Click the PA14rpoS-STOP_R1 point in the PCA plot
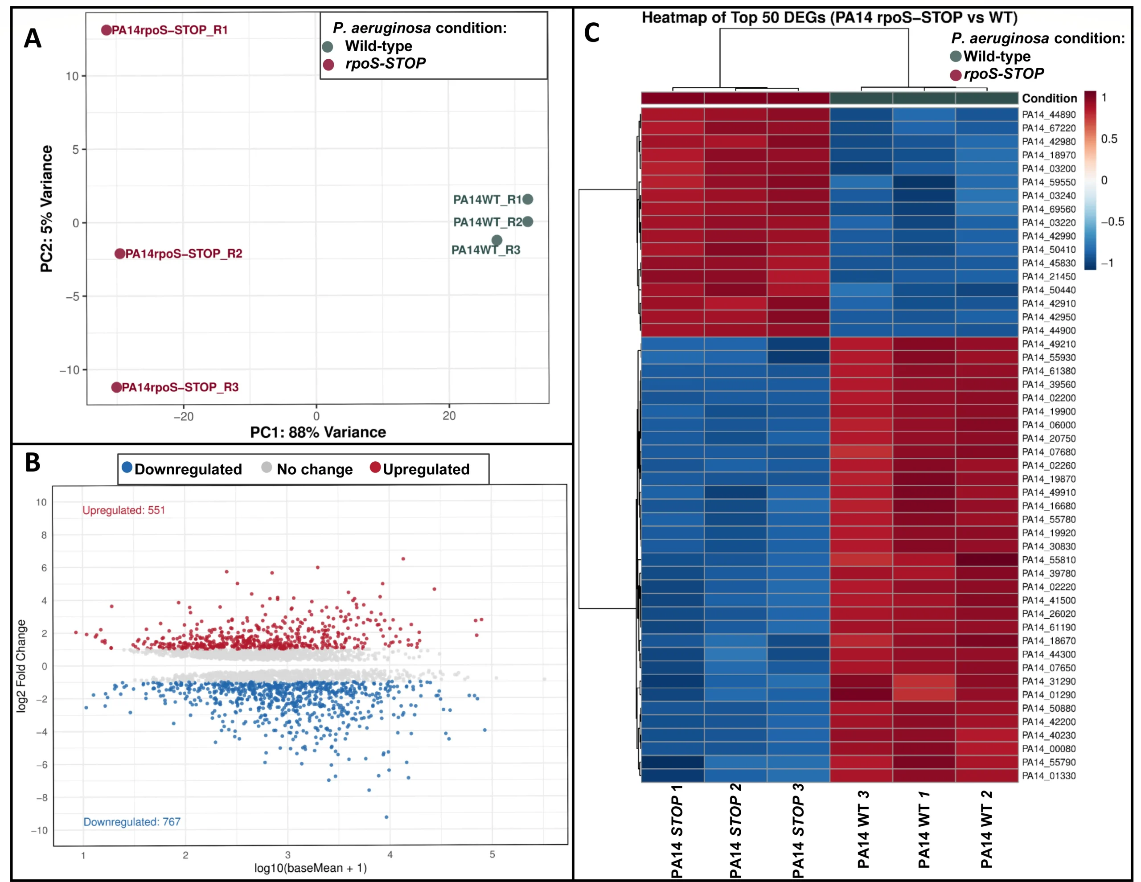(106, 30)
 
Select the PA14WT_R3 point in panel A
(497, 240)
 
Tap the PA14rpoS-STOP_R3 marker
(116, 387)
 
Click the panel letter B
(33, 463)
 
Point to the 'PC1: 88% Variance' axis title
(318, 432)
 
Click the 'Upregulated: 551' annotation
(124, 510)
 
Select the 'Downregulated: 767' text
(131, 822)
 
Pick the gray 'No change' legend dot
(267, 468)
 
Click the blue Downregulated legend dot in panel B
(127, 467)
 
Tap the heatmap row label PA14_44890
(1049, 115)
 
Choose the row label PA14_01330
(1049, 776)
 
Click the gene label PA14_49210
(1049, 344)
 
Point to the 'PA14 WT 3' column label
(862, 830)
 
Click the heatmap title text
(829, 18)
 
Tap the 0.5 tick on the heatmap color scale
(1108, 139)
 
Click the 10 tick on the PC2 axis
(72, 76)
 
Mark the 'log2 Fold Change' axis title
(21, 666)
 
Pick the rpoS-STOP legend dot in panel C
(956, 75)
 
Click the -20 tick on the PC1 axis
(183, 416)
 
